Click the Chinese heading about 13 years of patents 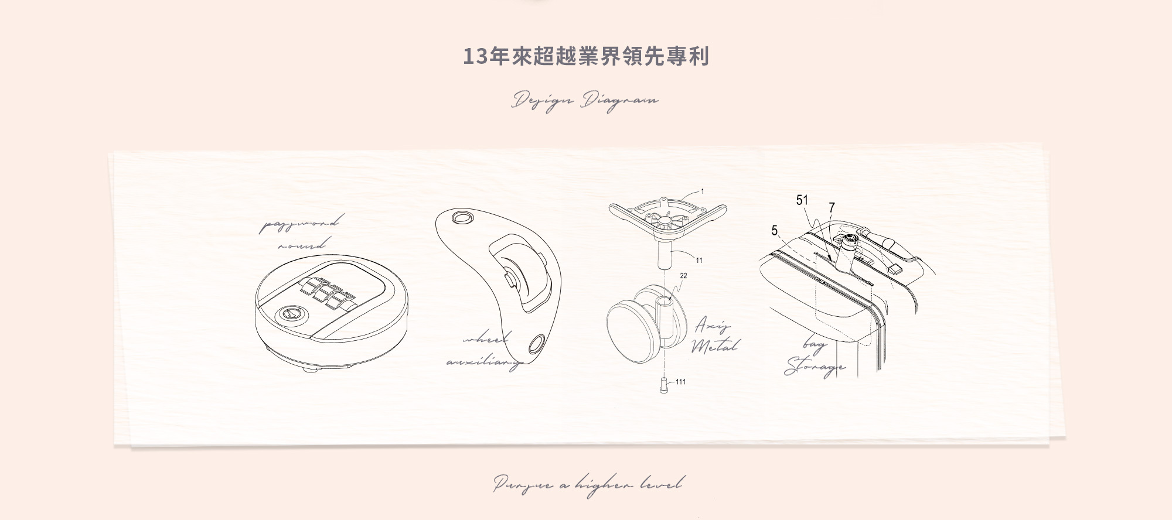(x=586, y=57)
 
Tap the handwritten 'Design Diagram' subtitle (x=585, y=101)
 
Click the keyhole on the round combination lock (x=290, y=314)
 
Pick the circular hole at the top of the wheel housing (x=462, y=218)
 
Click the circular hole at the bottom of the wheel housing (x=536, y=344)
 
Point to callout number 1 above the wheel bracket (x=703, y=191)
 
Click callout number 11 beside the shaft (x=699, y=260)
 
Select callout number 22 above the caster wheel (x=684, y=276)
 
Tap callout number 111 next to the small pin (x=680, y=382)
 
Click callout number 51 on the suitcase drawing (x=802, y=200)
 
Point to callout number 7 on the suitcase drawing (x=832, y=207)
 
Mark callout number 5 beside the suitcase (x=774, y=231)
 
